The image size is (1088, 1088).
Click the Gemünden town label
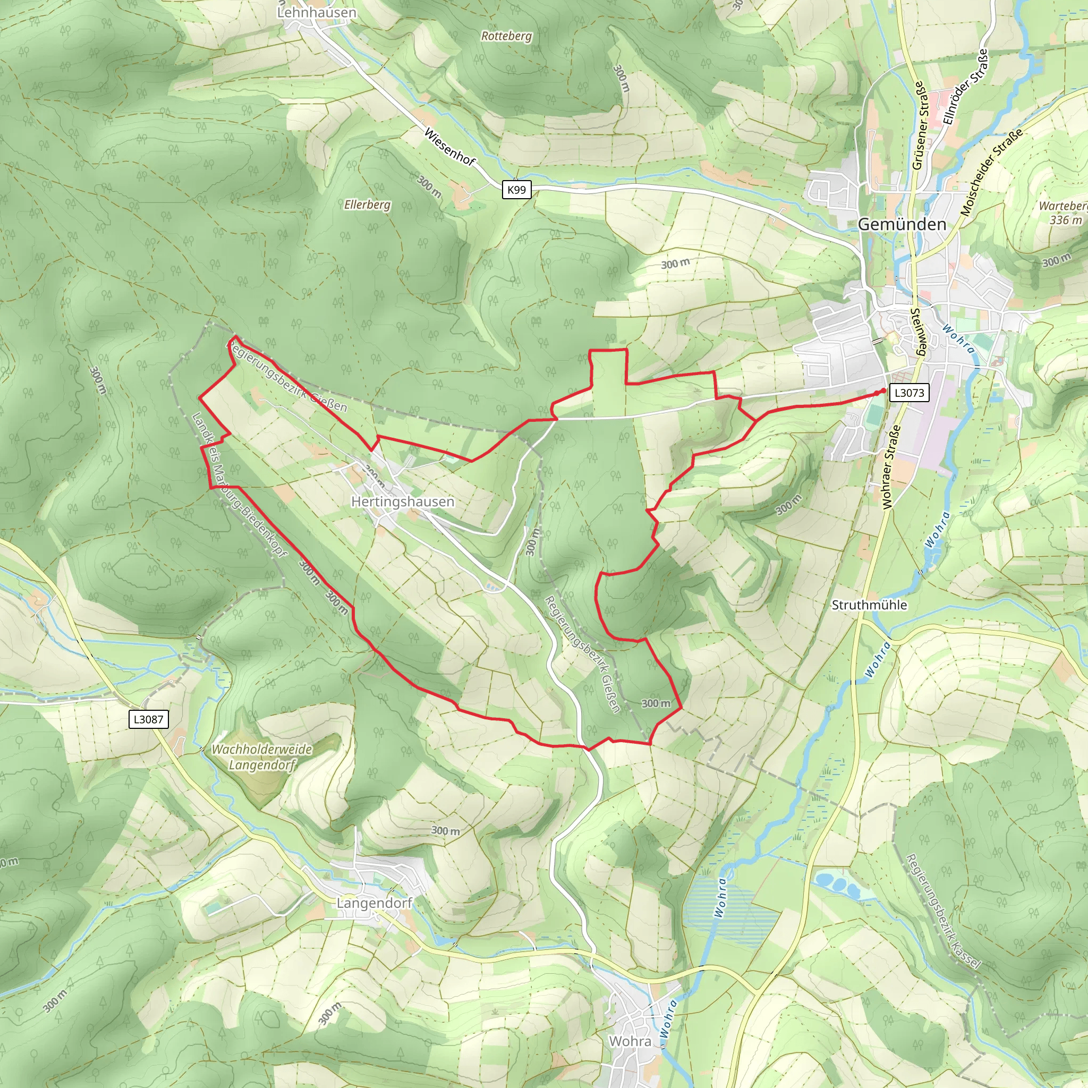[x=902, y=225]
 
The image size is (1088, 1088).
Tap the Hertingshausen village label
[x=402, y=501]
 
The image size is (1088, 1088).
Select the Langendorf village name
[x=375, y=903]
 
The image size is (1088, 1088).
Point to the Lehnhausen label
[x=317, y=12]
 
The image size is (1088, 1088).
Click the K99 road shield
[x=516, y=190]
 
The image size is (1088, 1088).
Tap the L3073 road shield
[x=909, y=393]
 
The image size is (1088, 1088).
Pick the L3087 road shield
[x=149, y=719]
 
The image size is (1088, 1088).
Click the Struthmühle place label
[x=869, y=605]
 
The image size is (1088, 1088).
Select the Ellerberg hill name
[x=367, y=205]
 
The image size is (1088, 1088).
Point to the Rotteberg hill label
[x=506, y=36]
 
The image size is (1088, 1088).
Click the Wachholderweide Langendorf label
[x=262, y=757]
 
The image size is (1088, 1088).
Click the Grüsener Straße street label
[x=918, y=125]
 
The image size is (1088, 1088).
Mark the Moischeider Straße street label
[x=991, y=172]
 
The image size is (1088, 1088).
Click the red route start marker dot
[x=880, y=392]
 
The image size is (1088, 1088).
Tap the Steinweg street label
[x=918, y=331]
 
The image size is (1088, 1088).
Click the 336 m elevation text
[x=1066, y=220]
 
